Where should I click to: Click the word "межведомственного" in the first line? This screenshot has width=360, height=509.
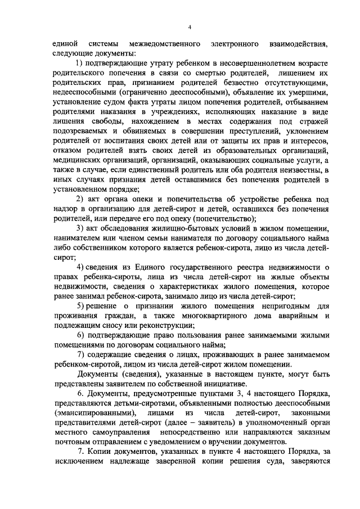tap(165, 43)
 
